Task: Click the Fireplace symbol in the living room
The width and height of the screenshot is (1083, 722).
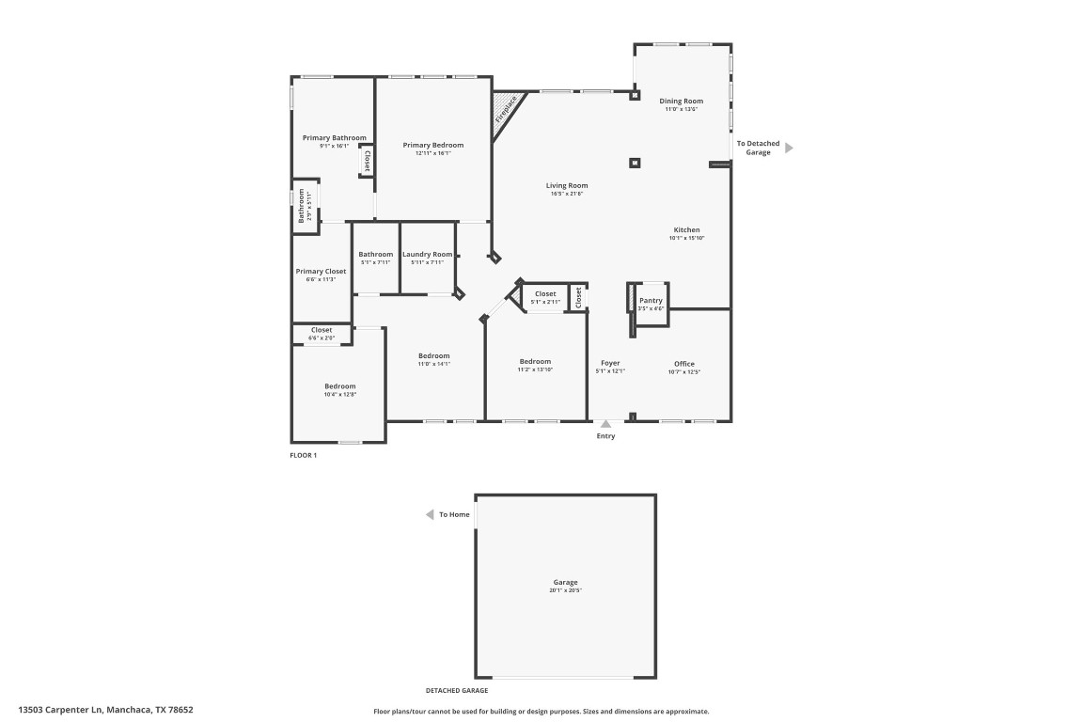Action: [505, 109]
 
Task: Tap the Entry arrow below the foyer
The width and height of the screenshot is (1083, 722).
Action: [606, 424]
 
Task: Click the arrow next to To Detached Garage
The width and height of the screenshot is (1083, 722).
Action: [789, 148]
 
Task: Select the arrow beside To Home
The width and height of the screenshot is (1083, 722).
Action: [430, 514]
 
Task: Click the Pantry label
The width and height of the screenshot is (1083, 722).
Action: [651, 301]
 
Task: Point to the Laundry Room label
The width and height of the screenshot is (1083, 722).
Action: [428, 254]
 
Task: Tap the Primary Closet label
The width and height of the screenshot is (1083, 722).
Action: [321, 271]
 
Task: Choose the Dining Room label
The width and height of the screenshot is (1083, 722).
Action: [681, 101]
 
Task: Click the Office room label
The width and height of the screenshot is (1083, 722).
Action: [683, 363]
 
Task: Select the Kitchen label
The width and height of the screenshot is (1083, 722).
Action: [686, 229]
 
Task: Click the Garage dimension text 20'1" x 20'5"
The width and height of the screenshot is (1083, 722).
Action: [565, 590]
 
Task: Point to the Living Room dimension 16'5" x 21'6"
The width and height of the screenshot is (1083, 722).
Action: [567, 194]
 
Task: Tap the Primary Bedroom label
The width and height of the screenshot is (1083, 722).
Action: [433, 145]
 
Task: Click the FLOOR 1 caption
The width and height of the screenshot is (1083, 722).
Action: [304, 455]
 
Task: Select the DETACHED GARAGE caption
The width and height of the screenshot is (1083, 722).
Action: [457, 690]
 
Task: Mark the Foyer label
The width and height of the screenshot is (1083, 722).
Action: [610, 363]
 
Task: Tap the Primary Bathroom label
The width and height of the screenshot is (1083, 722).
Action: [335, 137]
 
